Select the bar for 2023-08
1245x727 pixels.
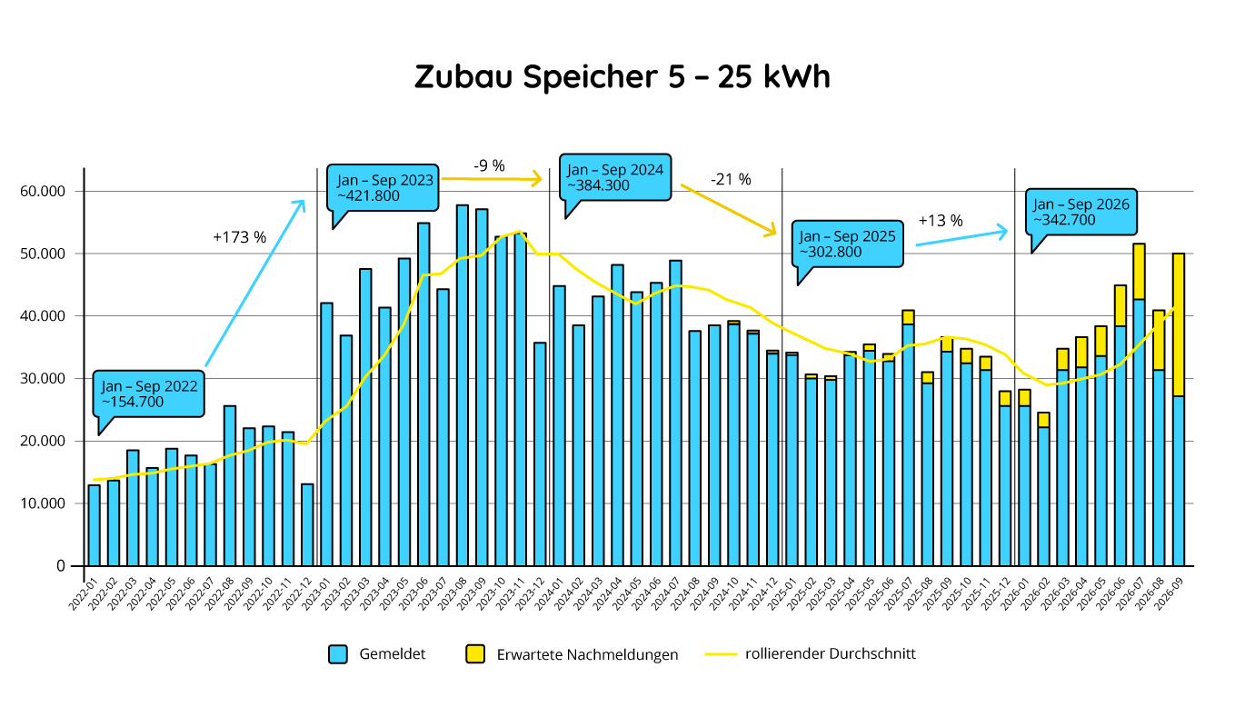pyautogui.click(x=463, y=385)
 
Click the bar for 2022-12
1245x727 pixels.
pyautogui.click(x=307, y=524)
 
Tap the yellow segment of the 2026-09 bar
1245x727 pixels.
pyautogui.click(x=1179, y=324)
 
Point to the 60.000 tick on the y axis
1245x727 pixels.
pyautogui.click(x=43, y=191)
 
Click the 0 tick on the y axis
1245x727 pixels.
pyautogui.click(x=61, y=566)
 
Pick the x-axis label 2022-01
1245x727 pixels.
pyautogui.click(x=84, y=593)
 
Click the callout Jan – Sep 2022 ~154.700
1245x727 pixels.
pyautogui.click(x=148, y=394)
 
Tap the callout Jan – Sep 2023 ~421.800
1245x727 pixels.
pyautogui.click(x=383, y=189)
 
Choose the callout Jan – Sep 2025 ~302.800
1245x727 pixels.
pyautogui.click(x=848, y=244)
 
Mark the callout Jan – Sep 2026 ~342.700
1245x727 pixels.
pyautogui.click(x=1081, y=213)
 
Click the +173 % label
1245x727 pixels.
pyautogui.click(x=240, y=237)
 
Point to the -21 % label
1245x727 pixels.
pyautogui.click(x=731, y=180)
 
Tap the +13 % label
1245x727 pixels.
pyautogui.click(x=941, y=221)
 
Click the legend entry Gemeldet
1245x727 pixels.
pyautogui.click(x=377, y=654)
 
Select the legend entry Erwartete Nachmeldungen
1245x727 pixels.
pyautogui.click(x=572, y=654)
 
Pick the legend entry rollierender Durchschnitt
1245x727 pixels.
pyautogui.click(x=810, y=653)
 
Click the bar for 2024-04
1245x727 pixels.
pyautogui.click(x=617, y=415)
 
